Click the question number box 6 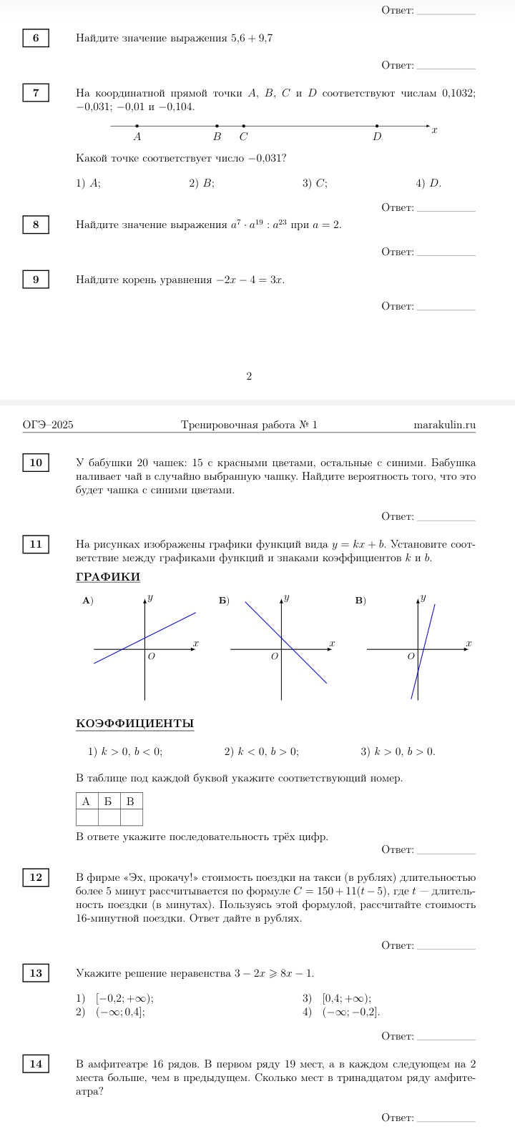(36, 38)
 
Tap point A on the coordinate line (137, 126)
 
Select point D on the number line (377, 126)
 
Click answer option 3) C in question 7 (315, 183)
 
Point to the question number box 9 (36, 279)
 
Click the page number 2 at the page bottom (249, 375)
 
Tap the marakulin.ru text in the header (444, 425)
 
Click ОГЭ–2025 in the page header (48, 425)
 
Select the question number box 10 (36, 463)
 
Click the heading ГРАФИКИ (108, 577)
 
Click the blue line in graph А (172, 624)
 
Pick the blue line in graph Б (300, 657)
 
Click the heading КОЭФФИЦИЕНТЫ (134, 724)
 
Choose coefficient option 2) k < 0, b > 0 (262, 751)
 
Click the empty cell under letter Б (108, 817)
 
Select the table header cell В (130, 801)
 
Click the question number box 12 (36, 877)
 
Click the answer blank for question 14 (445, 1118)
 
